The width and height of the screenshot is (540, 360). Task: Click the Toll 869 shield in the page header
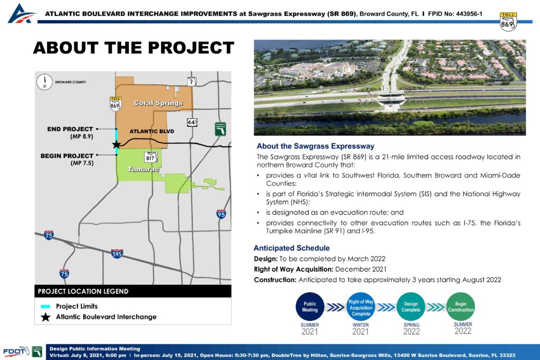coord(508,22)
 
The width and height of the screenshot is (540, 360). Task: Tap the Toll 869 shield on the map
coord(115,104)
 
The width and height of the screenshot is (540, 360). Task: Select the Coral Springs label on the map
coord(158,103)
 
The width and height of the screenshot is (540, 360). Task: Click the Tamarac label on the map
coord(143,169)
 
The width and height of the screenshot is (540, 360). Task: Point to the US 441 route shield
coord(192,122)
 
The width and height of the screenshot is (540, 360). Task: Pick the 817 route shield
coord(150,158)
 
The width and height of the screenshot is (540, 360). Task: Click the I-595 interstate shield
coord(117,254)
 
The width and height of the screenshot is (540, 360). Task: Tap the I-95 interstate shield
coord(221,214)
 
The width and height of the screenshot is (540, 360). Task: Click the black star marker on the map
coord(117,144)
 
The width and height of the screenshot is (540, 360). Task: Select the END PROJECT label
coord(70,129)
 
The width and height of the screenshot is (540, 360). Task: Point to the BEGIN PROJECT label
coord(67,156)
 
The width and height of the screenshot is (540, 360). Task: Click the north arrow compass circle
coord(44,82)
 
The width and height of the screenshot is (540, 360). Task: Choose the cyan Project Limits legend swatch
coord(45,306)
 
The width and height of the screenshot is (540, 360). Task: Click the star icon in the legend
coord(45,317)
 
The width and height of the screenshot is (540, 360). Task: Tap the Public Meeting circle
coord(310,307)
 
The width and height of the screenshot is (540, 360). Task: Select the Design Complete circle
coord(410,307)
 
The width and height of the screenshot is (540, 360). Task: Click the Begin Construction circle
coord(460,307)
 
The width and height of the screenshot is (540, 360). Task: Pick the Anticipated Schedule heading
coord(292,248)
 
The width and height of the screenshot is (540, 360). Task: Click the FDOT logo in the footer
coord(16,352)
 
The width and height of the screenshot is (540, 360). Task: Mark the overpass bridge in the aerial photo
coord(392,99)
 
